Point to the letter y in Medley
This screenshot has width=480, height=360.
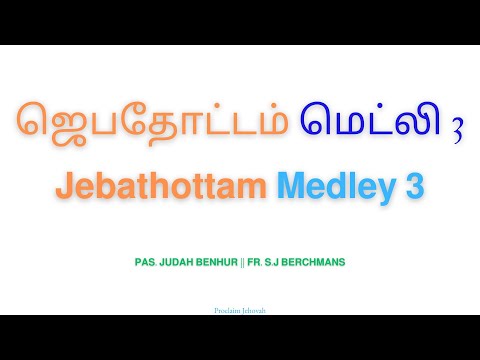pyautogui.click(x=385, y=190)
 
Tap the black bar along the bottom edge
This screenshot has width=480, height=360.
pyautogui.click(x=240, y=337)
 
